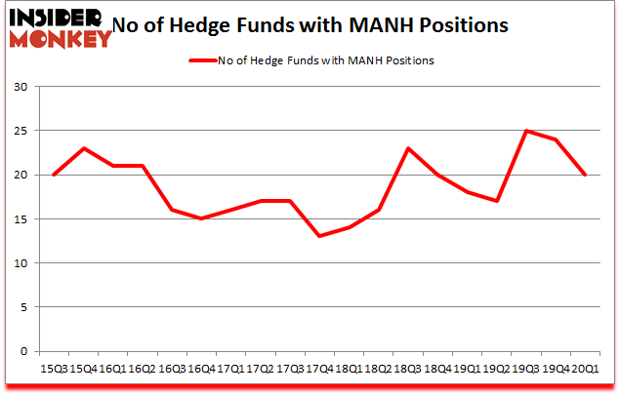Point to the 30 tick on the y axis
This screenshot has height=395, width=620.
20,87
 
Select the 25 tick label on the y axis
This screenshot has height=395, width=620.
20,131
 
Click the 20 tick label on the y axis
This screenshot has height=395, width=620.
20,176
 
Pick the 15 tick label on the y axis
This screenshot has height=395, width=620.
20,219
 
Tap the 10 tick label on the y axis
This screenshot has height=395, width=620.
20,263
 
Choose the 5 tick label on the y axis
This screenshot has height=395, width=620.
22,307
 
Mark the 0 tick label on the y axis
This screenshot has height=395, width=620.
22,351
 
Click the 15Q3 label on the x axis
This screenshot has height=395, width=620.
56,369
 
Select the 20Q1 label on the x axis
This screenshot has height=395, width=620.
585,369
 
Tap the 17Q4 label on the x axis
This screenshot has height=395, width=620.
320,369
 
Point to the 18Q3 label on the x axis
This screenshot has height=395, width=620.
408,369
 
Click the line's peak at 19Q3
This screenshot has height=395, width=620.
526,131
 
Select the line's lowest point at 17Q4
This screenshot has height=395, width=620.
320,236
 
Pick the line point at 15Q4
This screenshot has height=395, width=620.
85,148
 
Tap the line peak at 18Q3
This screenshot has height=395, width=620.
408,148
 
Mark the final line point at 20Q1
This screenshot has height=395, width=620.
585,175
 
